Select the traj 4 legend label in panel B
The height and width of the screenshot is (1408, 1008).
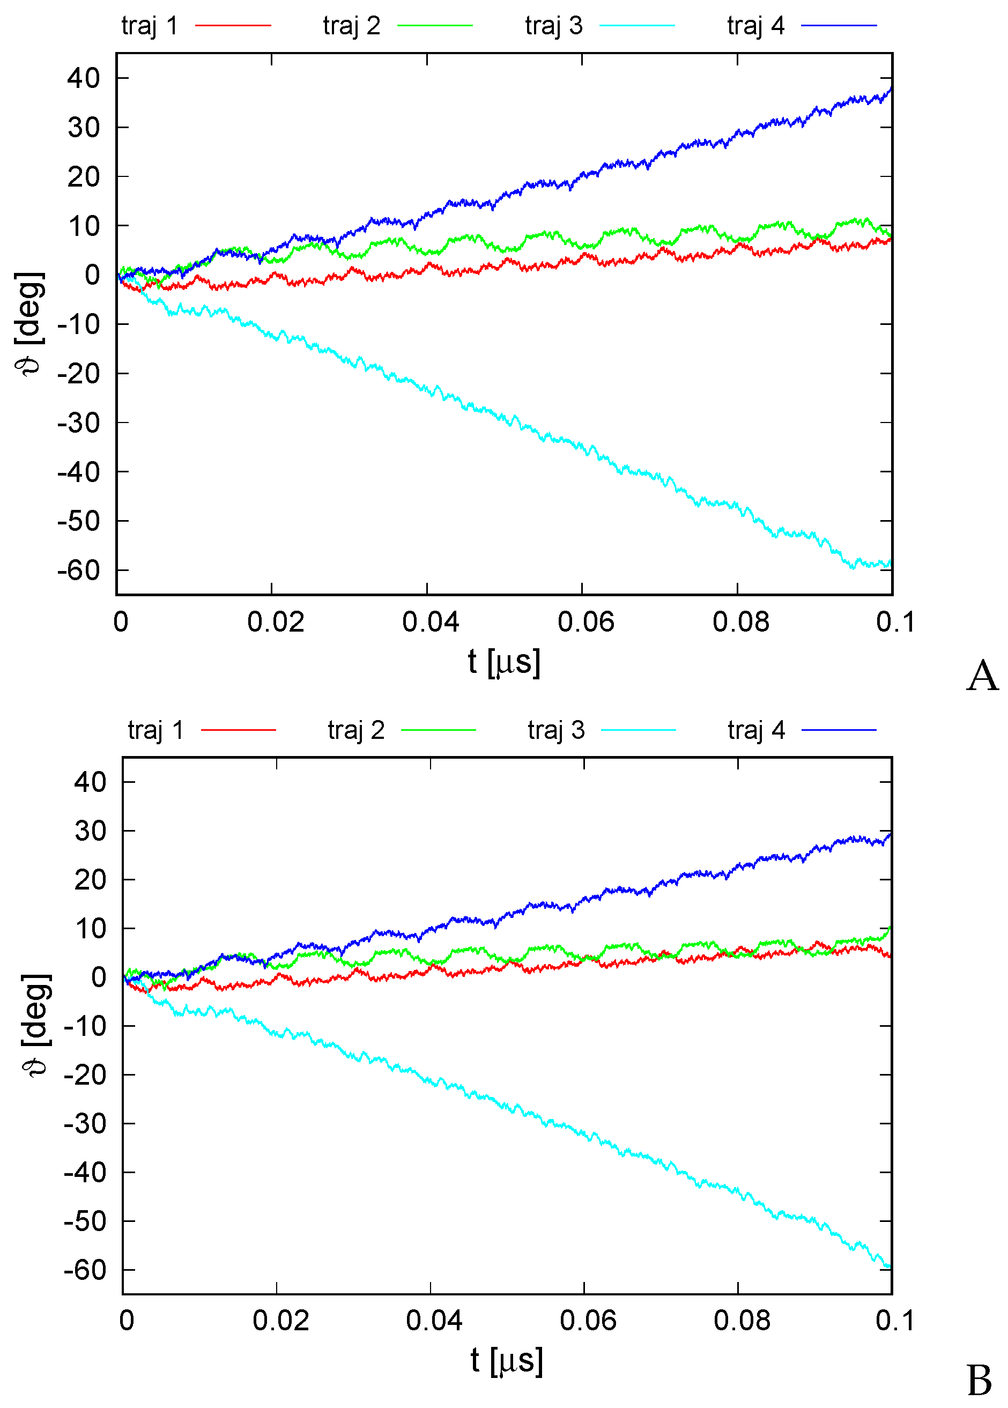point(756,730)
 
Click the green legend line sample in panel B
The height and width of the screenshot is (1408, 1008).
point(438,730)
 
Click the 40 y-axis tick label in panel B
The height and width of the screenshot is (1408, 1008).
point(90,782)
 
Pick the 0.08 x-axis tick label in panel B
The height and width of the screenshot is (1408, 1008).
point(742,1321)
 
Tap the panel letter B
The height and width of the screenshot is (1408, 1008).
point(980,1381)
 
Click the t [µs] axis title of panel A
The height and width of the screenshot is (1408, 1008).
point(504,662)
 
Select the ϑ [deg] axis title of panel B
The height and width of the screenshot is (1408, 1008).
point(35,1026)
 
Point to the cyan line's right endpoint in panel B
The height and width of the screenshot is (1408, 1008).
point(890,1266)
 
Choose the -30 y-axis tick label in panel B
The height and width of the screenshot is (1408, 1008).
point(85,1124)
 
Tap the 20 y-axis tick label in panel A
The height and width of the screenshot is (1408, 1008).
point(84,177)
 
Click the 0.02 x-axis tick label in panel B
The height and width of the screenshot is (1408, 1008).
point(280,1321)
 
